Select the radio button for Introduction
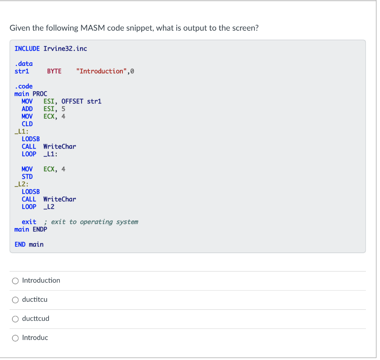[x=15, y=281]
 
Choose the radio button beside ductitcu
[x=15, y=300]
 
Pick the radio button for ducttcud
[x=15, y=319]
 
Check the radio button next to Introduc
[x=15, y=338]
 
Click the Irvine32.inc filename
[x=65, y=49]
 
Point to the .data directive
[x=23, y=64]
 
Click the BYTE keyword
[x=54, y=71]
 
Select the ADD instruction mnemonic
[x=27, y=109]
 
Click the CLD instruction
[x=27, y=124]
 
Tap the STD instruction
[x=27, y=176]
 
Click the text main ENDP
[x=31, y=229]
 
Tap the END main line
[x=29, y=244]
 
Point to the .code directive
[x=23, y=86]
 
